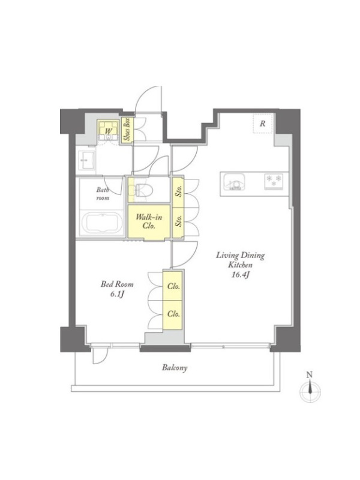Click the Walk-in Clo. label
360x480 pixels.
(x=149, y=221)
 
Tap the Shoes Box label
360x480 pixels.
(x=127, y=129)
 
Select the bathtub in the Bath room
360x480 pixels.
(x=102, y=223)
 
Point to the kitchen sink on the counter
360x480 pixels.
(x=234, y=182)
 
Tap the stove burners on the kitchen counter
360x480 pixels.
(x=274, y=181)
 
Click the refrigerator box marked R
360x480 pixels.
(x=263, y=124)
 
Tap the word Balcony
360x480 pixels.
(x=175, y=368)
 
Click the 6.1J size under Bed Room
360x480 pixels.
(x=117, y=295)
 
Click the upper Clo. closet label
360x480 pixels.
(x=173, y=286)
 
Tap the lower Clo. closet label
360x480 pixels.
(x=173, y=314)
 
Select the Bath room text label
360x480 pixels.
(x=103, y=194)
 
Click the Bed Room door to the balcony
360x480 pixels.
(x=100, y=355)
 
